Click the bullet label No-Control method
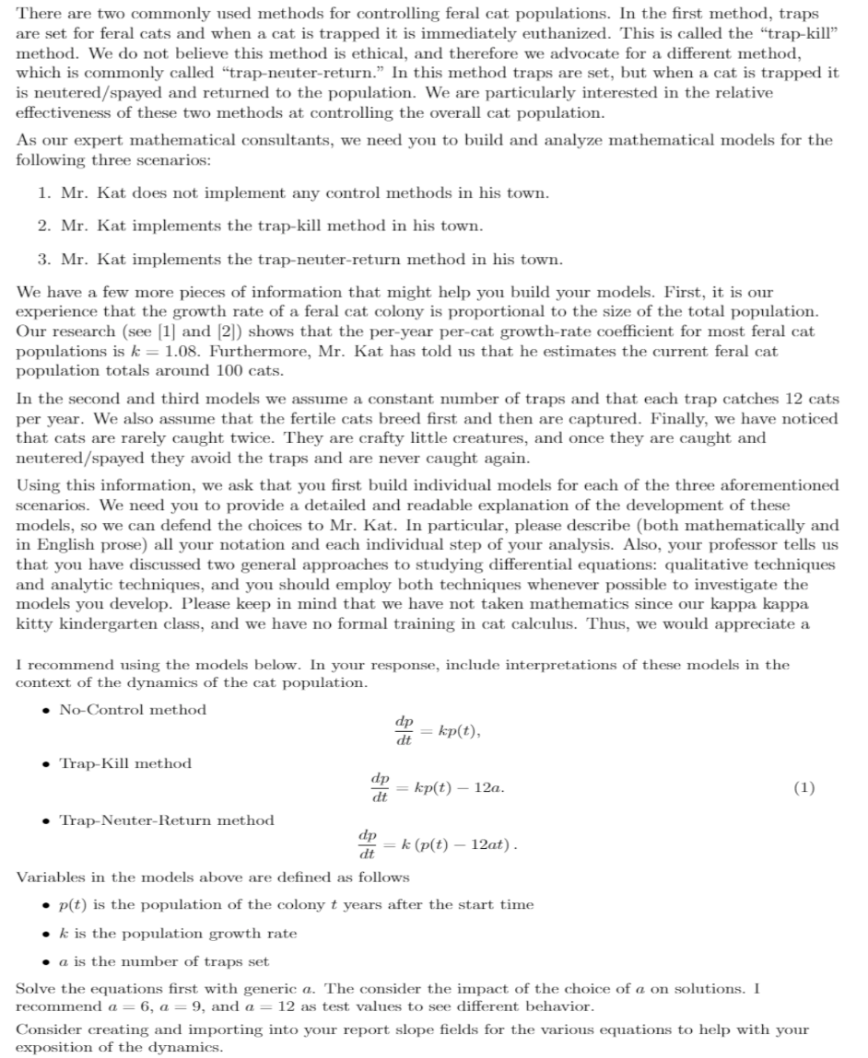point(133,710)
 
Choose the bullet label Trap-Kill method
point(125,763)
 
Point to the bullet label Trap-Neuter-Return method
point(167,820)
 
